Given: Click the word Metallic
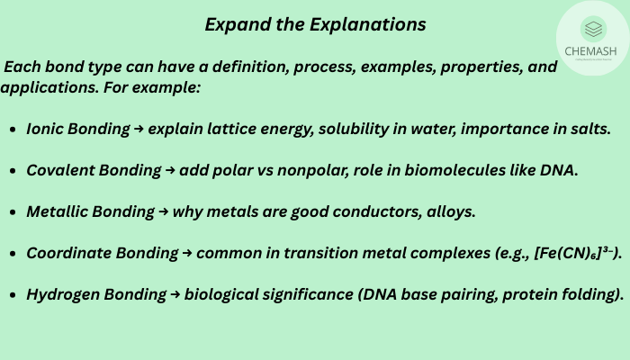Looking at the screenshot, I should click(59, 211).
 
